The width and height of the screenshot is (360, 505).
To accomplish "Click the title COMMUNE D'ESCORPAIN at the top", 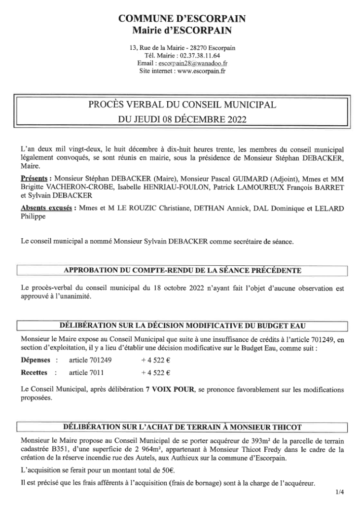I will (182, 19).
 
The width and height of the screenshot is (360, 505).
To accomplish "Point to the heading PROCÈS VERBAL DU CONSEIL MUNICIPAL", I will (182, 105).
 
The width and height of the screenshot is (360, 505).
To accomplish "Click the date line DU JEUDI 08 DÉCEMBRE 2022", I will (182, 119).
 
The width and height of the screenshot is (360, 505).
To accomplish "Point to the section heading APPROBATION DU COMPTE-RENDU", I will (182, 270).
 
